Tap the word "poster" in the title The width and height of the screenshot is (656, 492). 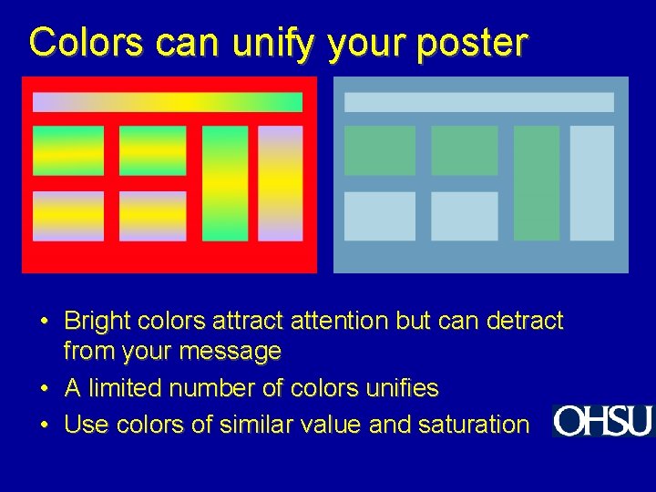pyautogui.click(x=471, y=43)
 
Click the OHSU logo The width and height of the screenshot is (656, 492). pyautogui.click(x=602, y=421)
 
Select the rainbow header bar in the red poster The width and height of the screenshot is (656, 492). pyautogui.click(x=168, y=102)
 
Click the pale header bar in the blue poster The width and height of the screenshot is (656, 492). pyautogui.click(x=479, y=102)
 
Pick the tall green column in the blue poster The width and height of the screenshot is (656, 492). pyautogui.click(x=537, y=183)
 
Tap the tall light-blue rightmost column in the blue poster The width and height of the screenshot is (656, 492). pyautogui.click(x=592, y=183)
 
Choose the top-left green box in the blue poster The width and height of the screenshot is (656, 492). pyautogui.click(x=380, y=150)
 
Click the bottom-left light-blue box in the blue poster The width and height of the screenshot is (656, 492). pyautogui.click(x=380, y=217)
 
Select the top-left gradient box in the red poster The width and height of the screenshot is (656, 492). pyautogui.click(x=68, y=150)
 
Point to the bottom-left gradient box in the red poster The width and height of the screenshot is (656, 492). pyautogui.click(x=68, y=217)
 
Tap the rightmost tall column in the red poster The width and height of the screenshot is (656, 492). pyautogui.click(x=281, y=183)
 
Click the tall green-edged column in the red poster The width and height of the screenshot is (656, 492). pyautogui.click(x=225, y=183)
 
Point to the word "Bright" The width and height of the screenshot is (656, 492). pyautogui.click(x=97, y=322)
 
